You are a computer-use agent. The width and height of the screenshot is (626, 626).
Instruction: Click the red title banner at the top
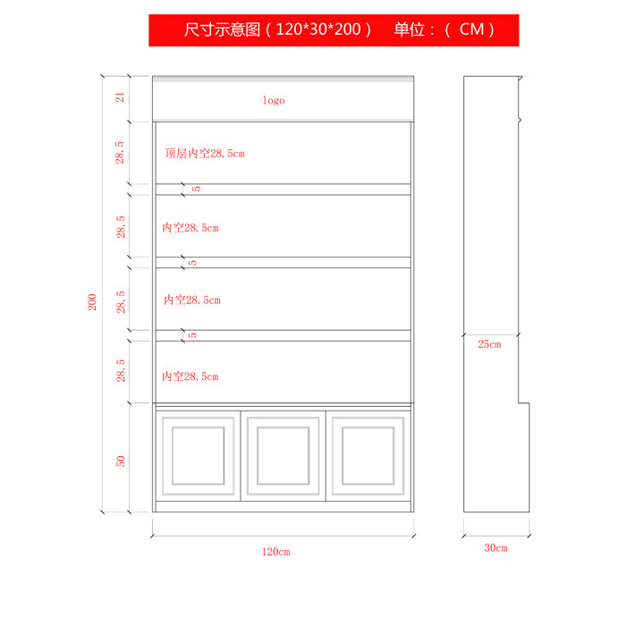click(x=334, y=30)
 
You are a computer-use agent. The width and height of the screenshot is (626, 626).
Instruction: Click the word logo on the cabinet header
click(x=274, y=100)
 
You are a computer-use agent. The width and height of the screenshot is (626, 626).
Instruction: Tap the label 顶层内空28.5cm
click(x=205, y=153)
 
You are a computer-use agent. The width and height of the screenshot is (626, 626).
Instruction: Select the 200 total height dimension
click(x=92, y=302)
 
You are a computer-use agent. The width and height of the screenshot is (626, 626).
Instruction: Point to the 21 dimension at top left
click(x=120, y=97)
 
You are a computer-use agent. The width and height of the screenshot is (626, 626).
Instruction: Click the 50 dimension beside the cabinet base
click(x=120, y=460)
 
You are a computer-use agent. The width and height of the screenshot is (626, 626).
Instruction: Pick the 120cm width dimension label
click(x=275, y=552)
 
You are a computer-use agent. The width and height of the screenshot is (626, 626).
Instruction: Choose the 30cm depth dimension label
click(x=495, y=547)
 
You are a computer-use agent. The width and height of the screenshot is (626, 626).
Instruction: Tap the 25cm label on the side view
click(x=489, y=343)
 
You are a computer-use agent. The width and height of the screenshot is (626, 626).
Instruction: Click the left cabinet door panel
click(x=199, y=454)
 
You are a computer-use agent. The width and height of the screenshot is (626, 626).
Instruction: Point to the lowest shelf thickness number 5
click(x=194, y=334)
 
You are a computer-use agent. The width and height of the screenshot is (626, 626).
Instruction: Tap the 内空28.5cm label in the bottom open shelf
click(x=190, y=376)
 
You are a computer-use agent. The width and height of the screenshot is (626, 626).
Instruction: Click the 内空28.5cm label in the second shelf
click(x=190, y=228)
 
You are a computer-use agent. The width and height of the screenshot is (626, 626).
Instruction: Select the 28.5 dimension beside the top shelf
click(x=120, y=153)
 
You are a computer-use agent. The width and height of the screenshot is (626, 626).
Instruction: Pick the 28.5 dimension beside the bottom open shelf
click(x=120, y=371)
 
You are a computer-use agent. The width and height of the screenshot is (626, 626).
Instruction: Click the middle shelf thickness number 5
click(x=194, y=262)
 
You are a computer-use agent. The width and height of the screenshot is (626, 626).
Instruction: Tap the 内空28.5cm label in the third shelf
click(x=191, y=300)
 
